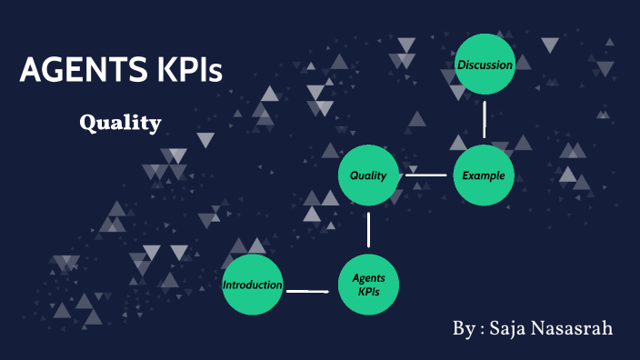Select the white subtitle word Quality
click(x=120, y=122)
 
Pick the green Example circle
click(x=484, y=175)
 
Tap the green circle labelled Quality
click(x=368, y=175)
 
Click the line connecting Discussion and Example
click(x=485, y=118)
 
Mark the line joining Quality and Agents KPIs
click(x=368, y=230)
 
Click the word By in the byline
click(x=463, y=328)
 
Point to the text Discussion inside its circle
click(x=485, y=65)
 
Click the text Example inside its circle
click(x=483, y=175)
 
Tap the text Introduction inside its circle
click(x=253, y=285)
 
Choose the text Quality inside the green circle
click(x=368, y=175)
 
